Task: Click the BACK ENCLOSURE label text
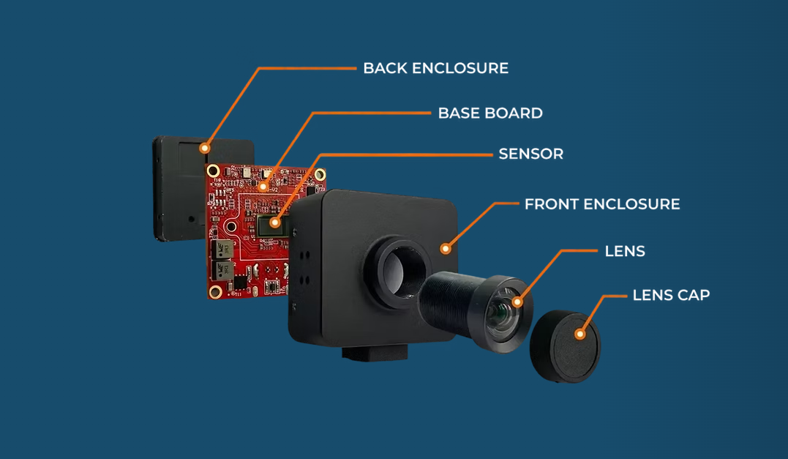coord(435,68)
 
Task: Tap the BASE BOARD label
coord(490,113)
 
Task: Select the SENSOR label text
coord(530,154)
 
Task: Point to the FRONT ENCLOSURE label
coord(601,204)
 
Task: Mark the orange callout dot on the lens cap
coord(579,334)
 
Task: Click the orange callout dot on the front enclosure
coord(445,249)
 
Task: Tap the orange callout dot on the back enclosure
coord(205,147)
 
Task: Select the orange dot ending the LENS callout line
coord(517,301)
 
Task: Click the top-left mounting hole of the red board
coord(213,171)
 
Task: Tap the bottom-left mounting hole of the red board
coord(215,293)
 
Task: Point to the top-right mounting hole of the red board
coord(320,175)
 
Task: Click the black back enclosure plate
coord(176,190)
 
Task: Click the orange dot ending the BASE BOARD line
coord(263,185)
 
